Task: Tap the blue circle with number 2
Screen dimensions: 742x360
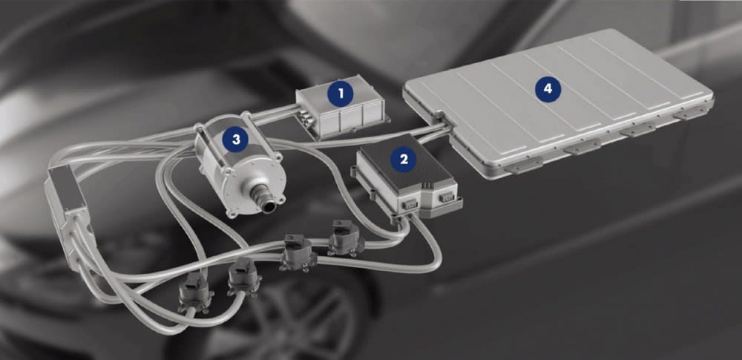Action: tap(403, 159)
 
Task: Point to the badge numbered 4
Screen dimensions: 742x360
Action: tap(548, 89)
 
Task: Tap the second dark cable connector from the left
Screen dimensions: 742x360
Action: tap(243, 277)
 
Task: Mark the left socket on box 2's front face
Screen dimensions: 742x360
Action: tap(410, 203)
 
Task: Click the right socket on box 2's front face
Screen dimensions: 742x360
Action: tap(445, 197)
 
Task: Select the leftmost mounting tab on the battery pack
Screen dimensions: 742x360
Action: tap(523, 166)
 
